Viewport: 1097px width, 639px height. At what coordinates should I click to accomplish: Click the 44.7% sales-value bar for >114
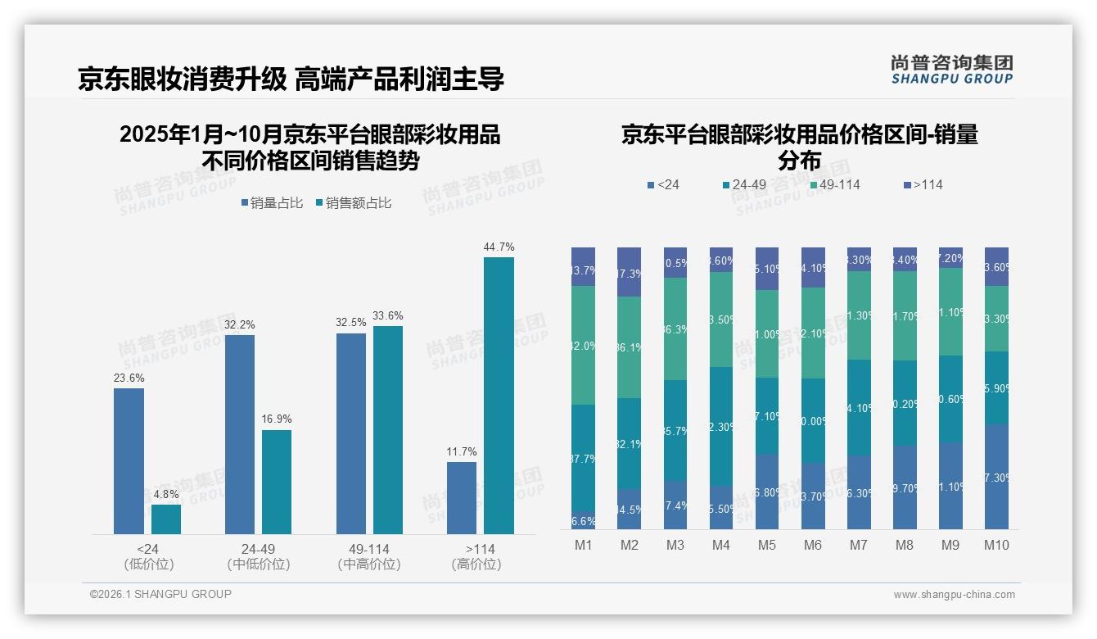(x=499, y=396)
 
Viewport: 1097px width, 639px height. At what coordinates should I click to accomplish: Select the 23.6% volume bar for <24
(x=129, y=461)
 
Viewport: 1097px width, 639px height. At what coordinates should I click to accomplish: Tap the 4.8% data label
(x=166, y=494)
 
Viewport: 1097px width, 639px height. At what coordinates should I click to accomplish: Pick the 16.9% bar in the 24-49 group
(x=277, y=482)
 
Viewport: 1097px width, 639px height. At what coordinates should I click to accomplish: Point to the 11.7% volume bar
(x=462, y=498)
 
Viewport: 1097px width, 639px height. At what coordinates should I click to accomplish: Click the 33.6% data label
(x=388, y=316)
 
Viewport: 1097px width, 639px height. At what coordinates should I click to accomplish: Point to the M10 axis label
(x=996, y=545)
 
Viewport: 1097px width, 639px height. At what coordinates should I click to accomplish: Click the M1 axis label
(x=583, y=545)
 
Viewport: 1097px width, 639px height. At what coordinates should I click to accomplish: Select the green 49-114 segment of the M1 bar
(x=583, y=346)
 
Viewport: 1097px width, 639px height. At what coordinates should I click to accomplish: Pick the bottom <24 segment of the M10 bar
(x=996, y=476)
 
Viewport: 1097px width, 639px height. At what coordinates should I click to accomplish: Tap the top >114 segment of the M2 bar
(x=629, y=272)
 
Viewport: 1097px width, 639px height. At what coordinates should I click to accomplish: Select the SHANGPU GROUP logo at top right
(x=951, y=70)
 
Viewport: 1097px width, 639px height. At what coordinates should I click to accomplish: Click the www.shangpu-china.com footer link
(x=954, y=595)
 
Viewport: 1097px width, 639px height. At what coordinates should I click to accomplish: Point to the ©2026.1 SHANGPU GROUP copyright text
(x=160, y=594)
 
